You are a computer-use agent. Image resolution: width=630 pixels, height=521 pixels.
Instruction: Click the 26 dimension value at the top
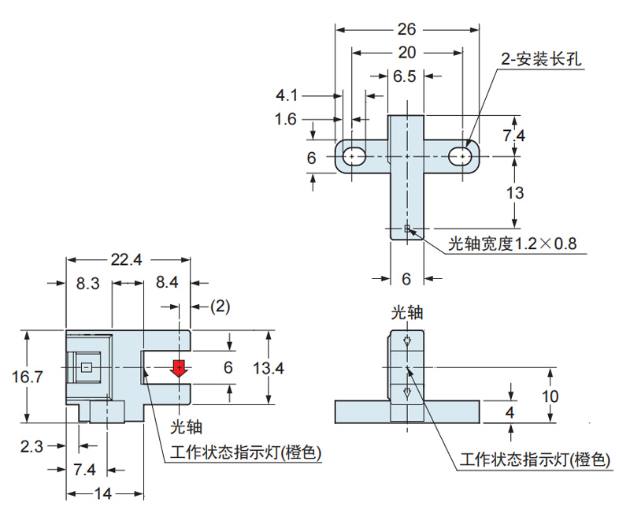coord(407,29)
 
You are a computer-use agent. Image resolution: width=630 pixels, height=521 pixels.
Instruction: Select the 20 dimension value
coord(407,53)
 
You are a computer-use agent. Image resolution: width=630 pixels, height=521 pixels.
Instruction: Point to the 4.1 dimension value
coord(287,95)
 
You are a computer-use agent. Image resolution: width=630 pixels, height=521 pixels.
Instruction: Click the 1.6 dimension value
coord(287,119)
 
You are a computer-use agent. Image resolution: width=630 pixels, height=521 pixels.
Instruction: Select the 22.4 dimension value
coord(127,261)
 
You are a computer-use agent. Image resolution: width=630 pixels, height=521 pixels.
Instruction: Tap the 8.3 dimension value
coord(87,283)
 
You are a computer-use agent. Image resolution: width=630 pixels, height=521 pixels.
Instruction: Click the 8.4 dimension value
coord(167,283)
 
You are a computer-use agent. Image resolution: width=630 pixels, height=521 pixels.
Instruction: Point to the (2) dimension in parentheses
coord(220,306)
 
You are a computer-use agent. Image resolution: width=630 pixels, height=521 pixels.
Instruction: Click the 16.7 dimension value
coord(28,377)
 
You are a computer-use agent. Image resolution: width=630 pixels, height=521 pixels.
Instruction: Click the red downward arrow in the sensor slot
coord(180,369)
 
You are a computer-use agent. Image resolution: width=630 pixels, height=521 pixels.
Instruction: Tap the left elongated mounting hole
coord(354,157)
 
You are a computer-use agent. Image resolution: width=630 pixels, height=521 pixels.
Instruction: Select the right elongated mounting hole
coord(461,157)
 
